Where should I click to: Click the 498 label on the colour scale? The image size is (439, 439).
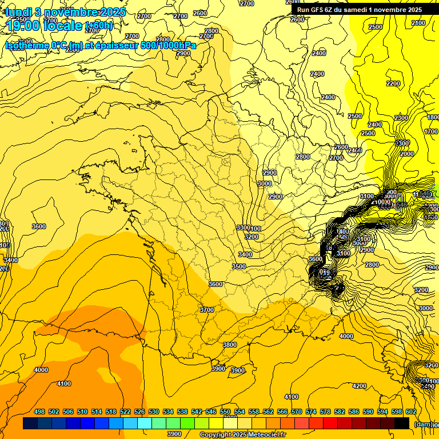click(x=39, y=412)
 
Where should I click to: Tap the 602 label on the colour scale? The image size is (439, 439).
click(x=410, y=412)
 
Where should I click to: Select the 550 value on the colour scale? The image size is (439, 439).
click(x=225, y=412)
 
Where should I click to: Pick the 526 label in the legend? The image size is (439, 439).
click(x=139, y=412)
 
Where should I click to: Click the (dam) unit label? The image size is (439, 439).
click(x=423, y=424)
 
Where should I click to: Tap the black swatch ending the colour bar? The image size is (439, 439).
click(x=402, y=424)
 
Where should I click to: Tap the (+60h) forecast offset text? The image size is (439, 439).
click(x=99, y=26)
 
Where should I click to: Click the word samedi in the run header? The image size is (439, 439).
click(x=360, y=9)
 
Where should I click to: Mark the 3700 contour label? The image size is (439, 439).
click(x=206, y=310)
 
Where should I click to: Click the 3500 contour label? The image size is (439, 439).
click(x=239, y=266)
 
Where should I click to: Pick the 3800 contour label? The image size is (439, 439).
click(x=229, y=345)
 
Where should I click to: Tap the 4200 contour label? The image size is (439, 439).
click(x=359, y=386)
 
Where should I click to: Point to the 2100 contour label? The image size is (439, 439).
click(x=418, y=23)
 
